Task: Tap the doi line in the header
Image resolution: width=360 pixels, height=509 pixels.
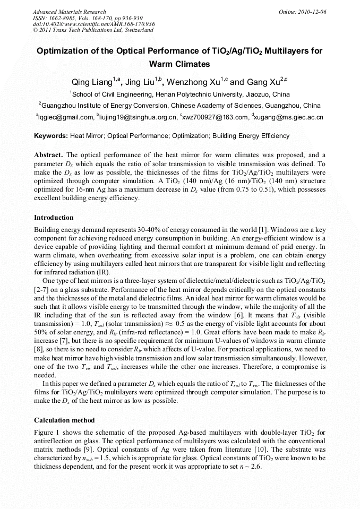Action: click(94, 24)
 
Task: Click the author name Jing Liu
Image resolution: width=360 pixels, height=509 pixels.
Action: click(143, 82)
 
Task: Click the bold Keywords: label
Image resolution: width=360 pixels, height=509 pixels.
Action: click(52, 136)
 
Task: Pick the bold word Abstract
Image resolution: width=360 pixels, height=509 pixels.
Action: click(48, 154)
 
